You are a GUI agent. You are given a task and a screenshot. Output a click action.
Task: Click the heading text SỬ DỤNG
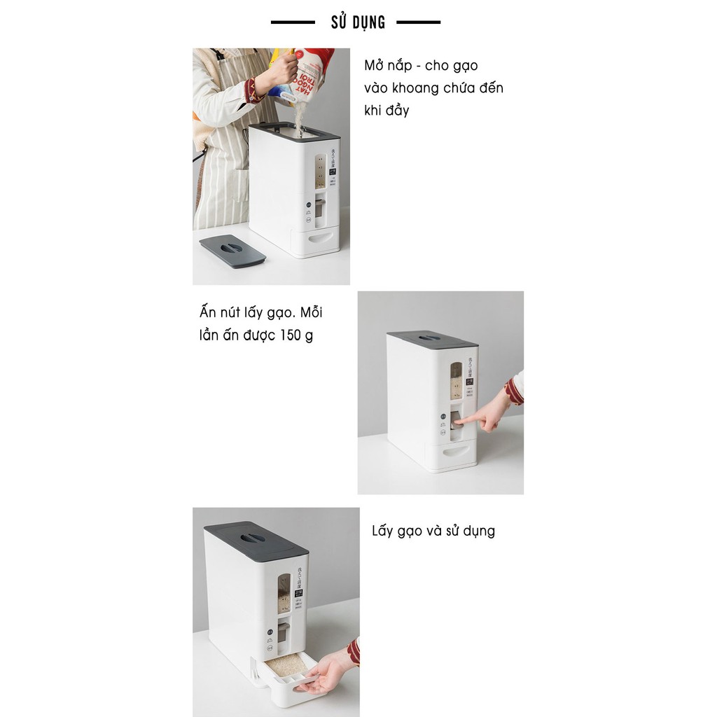point(358,22)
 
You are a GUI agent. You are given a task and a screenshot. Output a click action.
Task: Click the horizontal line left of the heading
point(293,22)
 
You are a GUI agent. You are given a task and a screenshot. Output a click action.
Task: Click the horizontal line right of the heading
point(418,22)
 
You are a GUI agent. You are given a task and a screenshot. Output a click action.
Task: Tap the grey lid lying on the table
point(232,251)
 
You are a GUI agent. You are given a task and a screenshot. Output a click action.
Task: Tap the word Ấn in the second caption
point(209,312)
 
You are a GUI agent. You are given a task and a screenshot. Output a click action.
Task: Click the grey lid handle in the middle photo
point(431,338)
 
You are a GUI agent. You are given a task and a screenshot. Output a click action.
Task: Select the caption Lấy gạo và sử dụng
point(433,531)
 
